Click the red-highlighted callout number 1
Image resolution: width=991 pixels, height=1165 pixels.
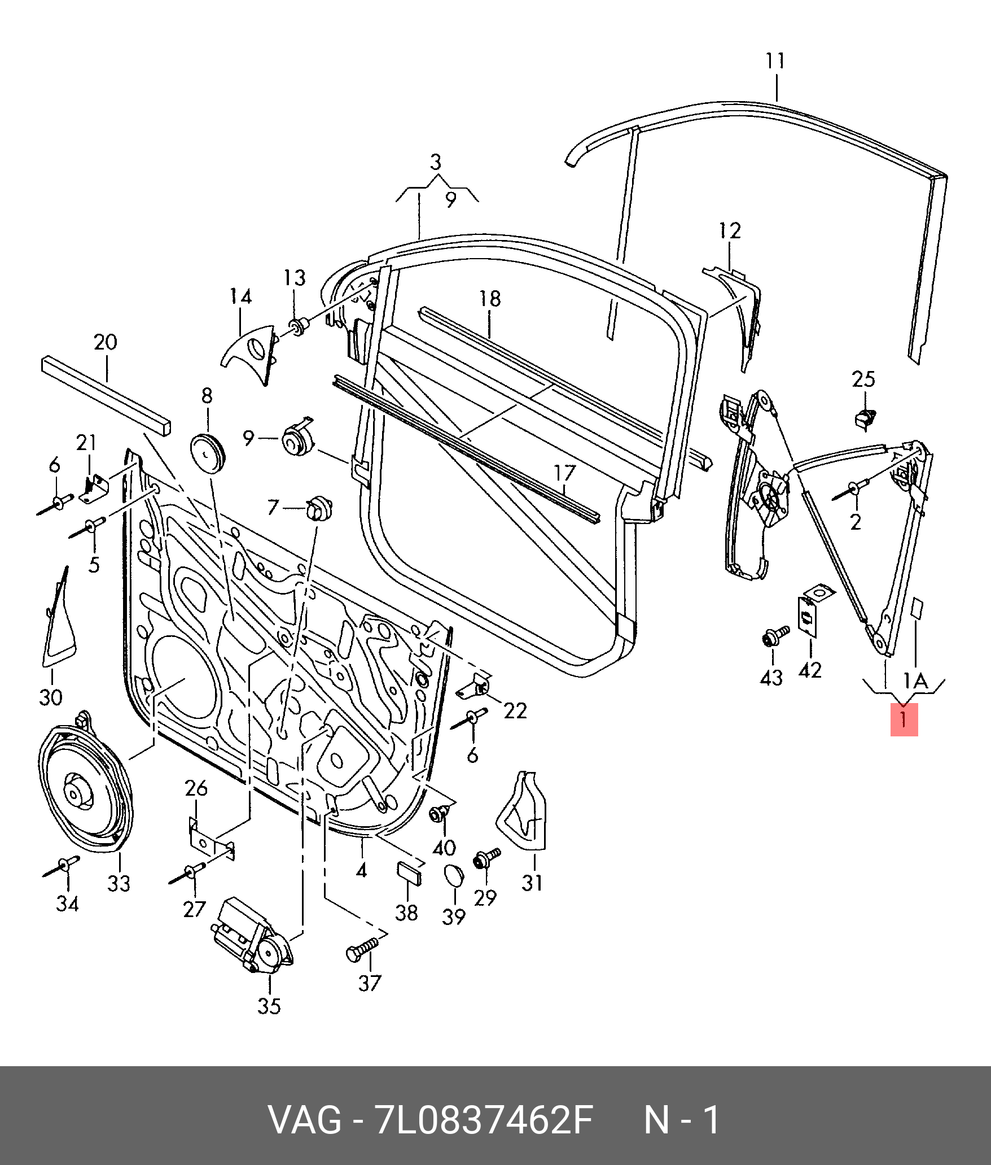pos(904,720)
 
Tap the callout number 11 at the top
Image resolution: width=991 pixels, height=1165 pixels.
pos(775,61)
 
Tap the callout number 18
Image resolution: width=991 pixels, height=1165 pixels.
pos(490,299)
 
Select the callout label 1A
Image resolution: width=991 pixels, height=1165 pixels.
pos(915,680)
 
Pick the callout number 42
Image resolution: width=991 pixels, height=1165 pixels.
pos(810,670)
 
